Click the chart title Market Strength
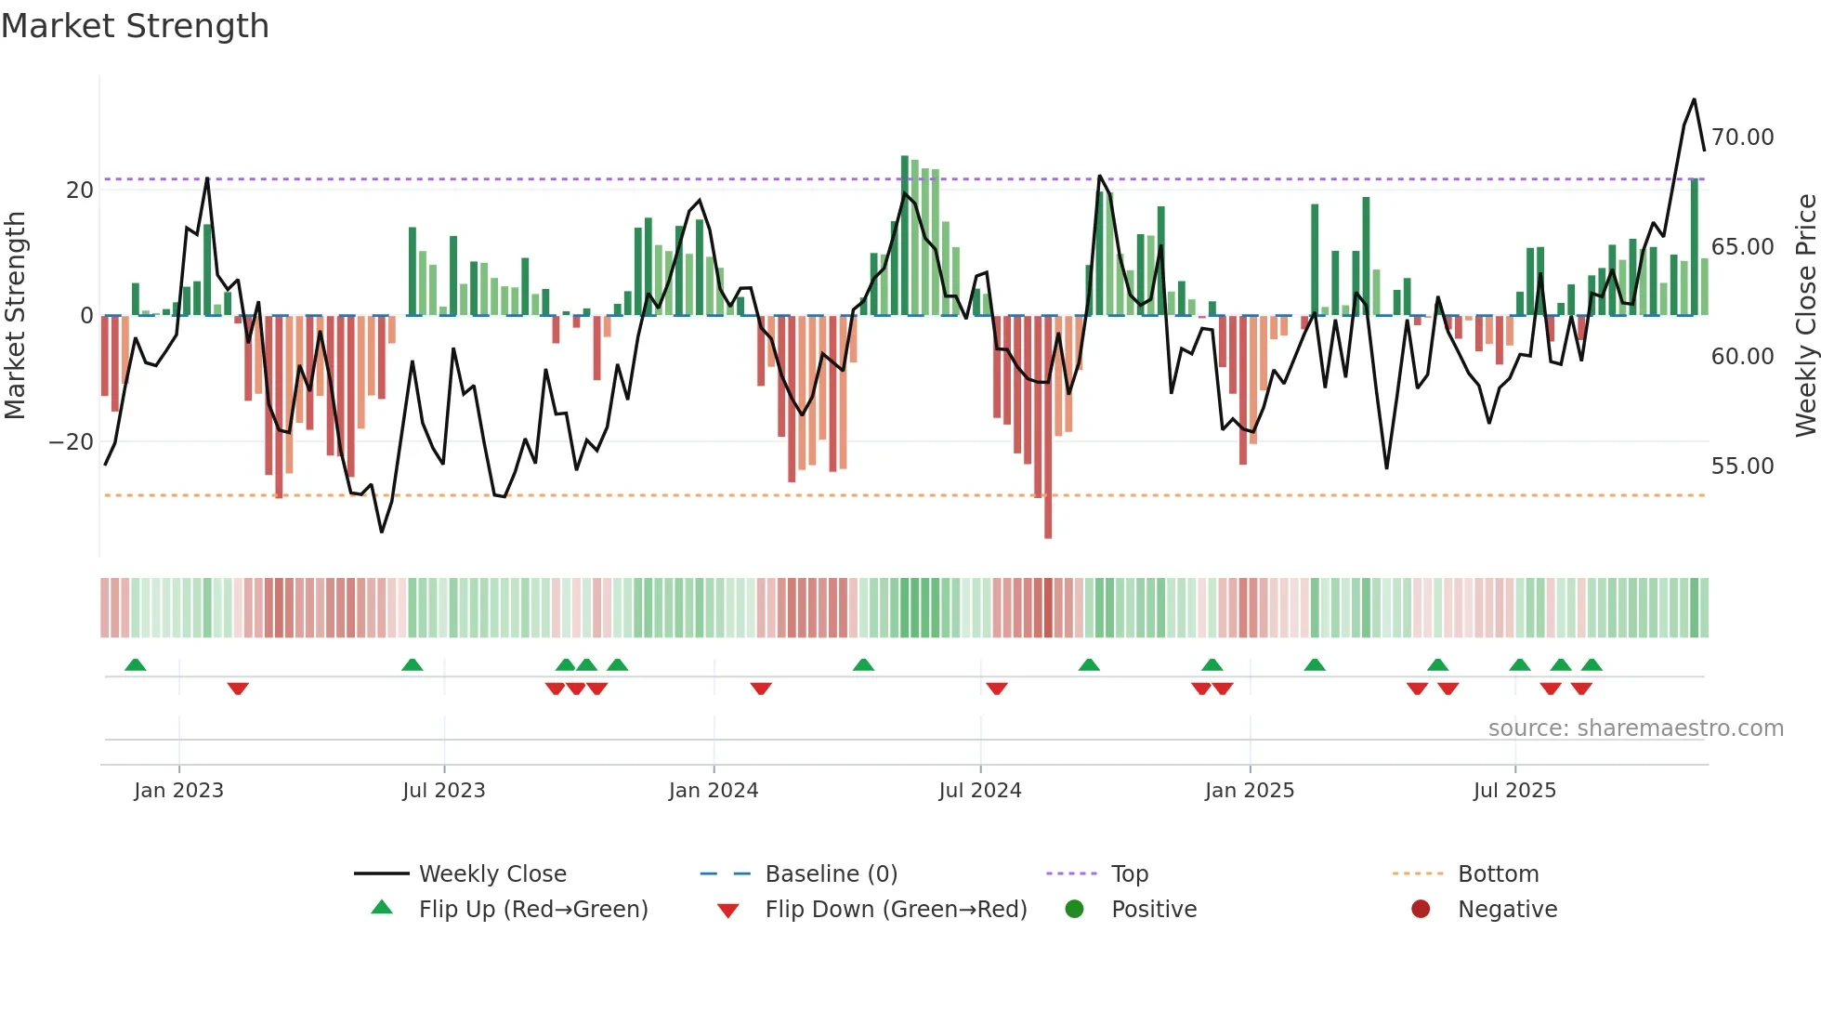136,26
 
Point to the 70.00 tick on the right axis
1742,138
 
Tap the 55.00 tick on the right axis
1742,466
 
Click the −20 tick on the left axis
72,442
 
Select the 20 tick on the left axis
80,190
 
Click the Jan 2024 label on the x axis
713,791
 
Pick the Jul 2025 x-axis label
1513,791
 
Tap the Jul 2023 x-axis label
443,791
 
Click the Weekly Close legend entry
491,874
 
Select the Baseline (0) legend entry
831,874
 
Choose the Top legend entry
1129,874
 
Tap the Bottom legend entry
1498,874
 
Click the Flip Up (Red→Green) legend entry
532,910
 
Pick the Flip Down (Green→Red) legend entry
896,910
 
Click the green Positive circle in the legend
1075,910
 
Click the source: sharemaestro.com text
1635,729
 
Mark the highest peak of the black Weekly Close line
1694,99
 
